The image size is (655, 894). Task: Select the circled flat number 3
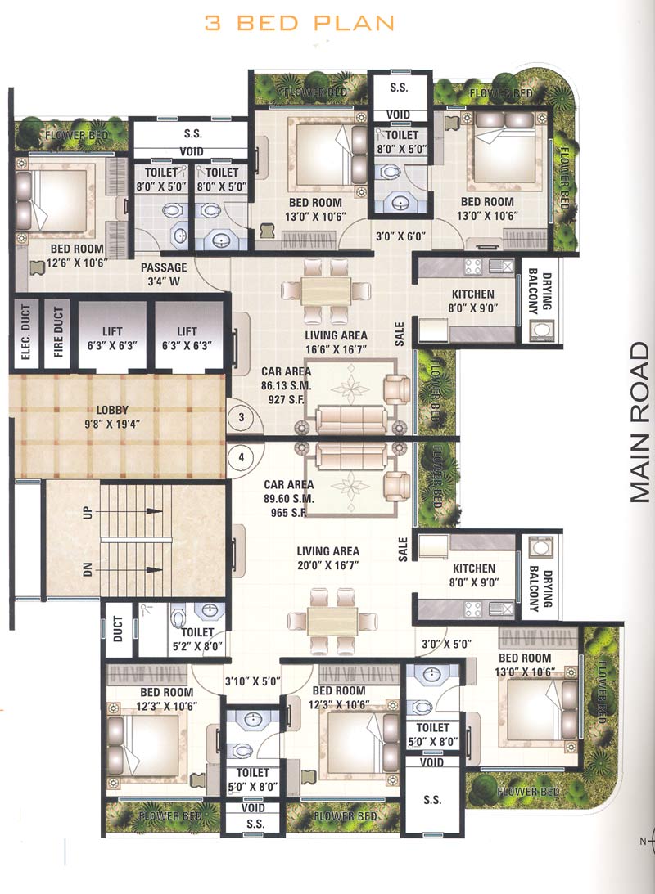(241, 417)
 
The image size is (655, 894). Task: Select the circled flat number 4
(241, 458)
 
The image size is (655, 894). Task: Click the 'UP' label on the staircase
(88, 514)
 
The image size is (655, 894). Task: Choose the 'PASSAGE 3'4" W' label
(164, 273)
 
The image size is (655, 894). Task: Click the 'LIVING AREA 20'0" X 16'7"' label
(328, 558)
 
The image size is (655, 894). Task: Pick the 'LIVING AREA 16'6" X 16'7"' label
(336, 342)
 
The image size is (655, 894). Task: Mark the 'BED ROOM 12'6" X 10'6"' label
(78, 255)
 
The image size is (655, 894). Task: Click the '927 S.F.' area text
(282, 400)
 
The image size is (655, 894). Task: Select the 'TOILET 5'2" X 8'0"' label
(193, 638)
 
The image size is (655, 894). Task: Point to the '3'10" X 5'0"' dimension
(252, 680)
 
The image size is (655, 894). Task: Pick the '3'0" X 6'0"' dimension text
(396, 236)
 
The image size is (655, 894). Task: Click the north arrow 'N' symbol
(644, 841)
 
